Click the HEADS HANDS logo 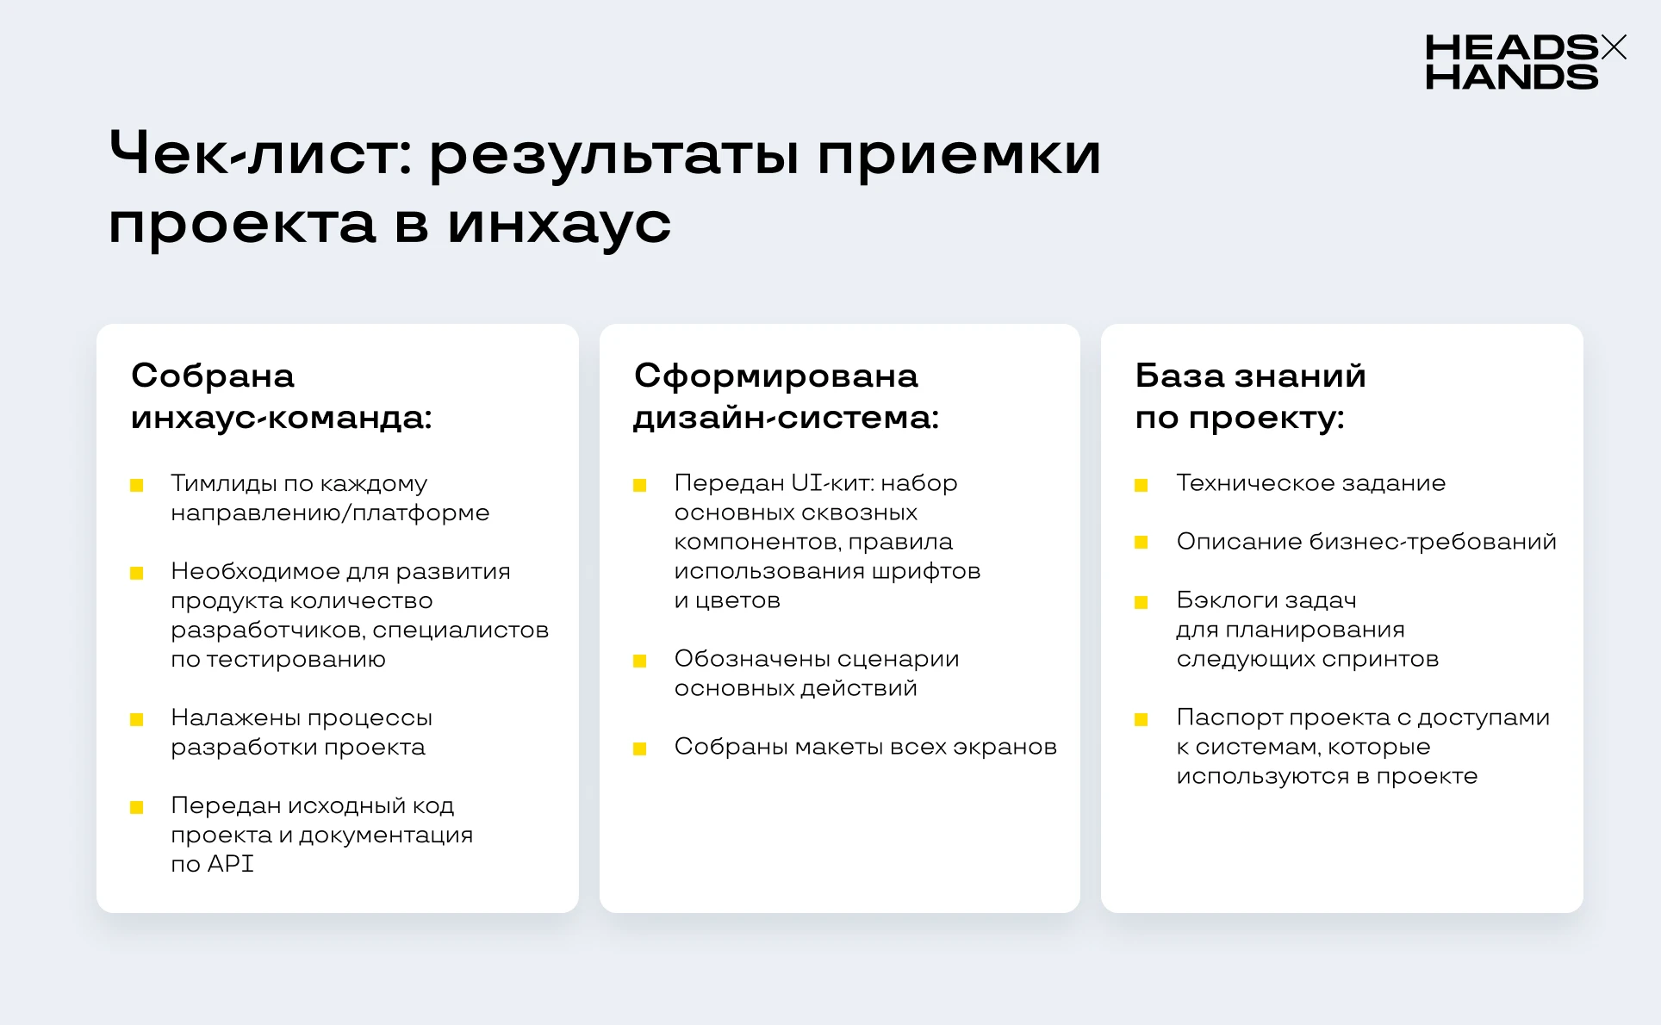click(x=1526, y=61)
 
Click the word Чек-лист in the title click(x=260, y=154)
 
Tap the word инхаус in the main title click(x=559, y=224)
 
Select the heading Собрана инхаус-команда click(x=281, y=396)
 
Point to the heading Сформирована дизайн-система click(x=786, y=396)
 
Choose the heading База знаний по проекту click(x=1250, y=396)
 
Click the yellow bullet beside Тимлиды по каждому click(x=136, y=486)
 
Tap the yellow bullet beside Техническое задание click(x=1142, y=485)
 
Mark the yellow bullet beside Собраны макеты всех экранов click(x=639, y=749)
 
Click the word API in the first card click(x=230, y=863)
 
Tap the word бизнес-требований click(x=1433, y=542)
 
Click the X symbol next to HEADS click(x=1614, y=47)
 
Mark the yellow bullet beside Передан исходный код click(x=136, y=807)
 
